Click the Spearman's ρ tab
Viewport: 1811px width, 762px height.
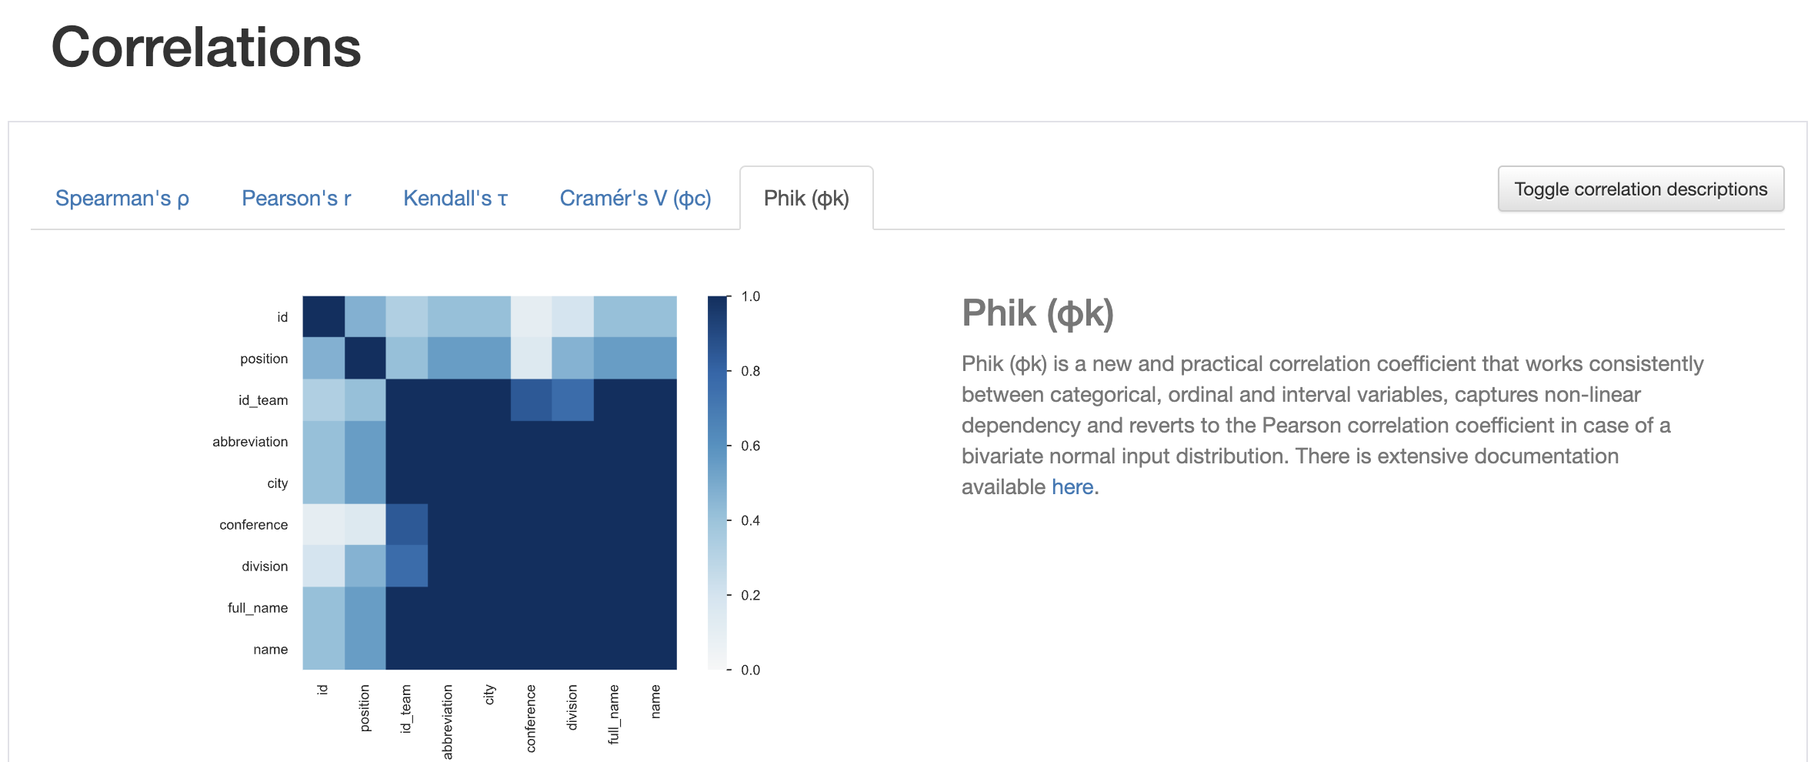coord(122,199)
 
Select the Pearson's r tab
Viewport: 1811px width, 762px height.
coord(296,199)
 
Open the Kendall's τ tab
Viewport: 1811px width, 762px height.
coord(455,199)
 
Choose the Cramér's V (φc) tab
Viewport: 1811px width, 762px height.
coord(635,199)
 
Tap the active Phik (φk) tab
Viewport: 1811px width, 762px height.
coord(806,199)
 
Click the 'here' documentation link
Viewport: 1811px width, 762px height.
coord(1072,487)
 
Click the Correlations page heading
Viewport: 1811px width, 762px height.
coord(206,48)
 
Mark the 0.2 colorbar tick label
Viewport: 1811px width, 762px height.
coord(750,595)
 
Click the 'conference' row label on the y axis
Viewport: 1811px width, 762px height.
coord(253,525)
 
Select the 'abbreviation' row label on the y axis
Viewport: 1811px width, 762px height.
coord(250,442)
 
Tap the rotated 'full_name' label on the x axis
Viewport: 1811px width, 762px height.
coord(613,714)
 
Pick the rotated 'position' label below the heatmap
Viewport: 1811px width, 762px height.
coord(365,708)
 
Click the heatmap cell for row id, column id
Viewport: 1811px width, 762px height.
coord(323,317)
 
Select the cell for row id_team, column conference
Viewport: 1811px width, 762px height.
coord(532,400)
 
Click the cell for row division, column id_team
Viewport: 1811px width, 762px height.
coord(407,566)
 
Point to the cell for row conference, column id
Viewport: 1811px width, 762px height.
coord(323,525)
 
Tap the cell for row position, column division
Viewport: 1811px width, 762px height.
coord(573,359)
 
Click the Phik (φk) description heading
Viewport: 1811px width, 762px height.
coord(1038,313)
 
